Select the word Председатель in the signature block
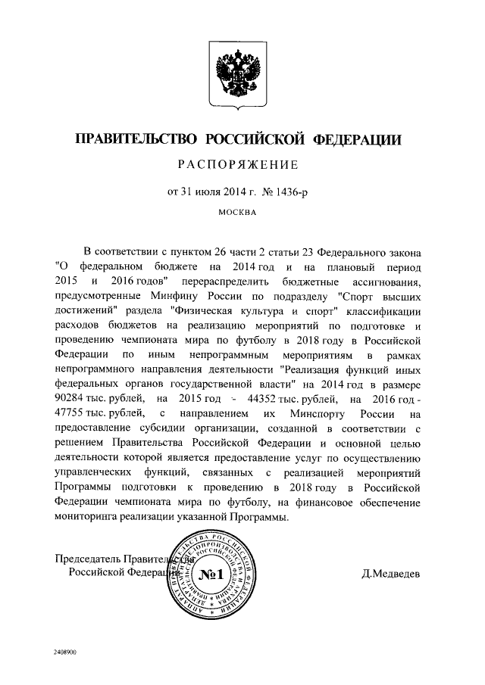click(x=90, y=558)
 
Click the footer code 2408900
click(x=66, y=651)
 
